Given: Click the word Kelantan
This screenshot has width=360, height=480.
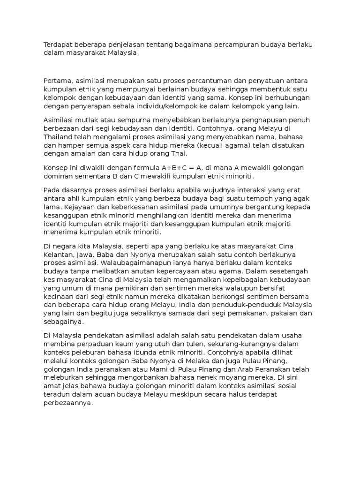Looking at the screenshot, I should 60,255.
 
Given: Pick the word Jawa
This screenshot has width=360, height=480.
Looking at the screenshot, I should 86,255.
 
